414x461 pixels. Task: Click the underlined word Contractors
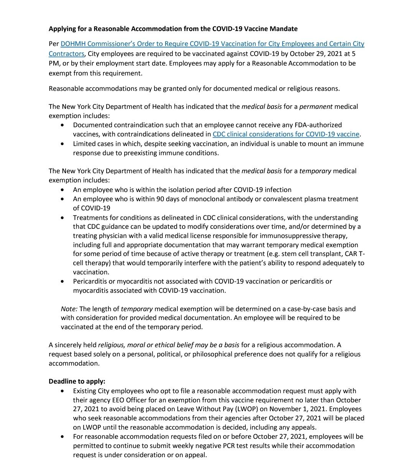tap(66, 54)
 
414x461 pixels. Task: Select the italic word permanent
tap(316, 107)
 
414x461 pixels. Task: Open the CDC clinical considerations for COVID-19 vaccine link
tap(286, 134)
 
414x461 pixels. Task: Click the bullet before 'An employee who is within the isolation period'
tap(63, 190)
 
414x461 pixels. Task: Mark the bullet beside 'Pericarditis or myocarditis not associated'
tap(63, 281)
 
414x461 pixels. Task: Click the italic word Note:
tap(69, 309)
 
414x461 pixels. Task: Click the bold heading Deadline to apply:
tap(77, 382)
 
